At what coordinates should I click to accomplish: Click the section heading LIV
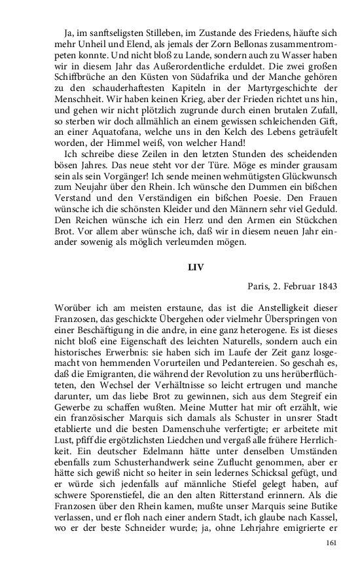click(196, 267)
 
